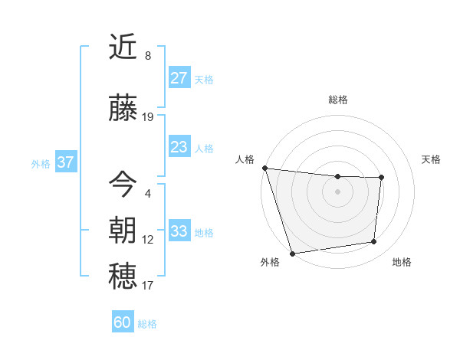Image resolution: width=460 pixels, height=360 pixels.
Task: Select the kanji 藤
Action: pyautogui.click(x=123, y=110)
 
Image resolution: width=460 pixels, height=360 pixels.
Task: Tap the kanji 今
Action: pyautogui.click(x=123, y=184)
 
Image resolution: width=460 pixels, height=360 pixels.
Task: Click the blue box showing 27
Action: pyautogui.click(x=179, y=78)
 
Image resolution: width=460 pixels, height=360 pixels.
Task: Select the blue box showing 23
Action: pyautogui.click(x=179, y=147)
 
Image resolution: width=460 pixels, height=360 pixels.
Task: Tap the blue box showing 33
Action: pyautogui.click(x=179, y=231)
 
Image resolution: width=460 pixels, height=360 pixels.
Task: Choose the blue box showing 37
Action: pyautogui.click(x=65, y=162)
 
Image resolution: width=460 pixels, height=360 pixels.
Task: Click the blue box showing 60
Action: pyautogui.click(x=123, y=322)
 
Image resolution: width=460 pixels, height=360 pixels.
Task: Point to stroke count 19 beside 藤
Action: pyautogui.click(x=148, y=117)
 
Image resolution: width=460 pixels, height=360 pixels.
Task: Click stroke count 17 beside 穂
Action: pyautogui.click(x=148, y=286)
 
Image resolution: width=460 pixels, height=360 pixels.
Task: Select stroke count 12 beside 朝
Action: pyautogui.click(x=148, y=240)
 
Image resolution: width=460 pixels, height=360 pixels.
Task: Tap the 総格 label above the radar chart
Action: pyautogui.click(x=338, y=100)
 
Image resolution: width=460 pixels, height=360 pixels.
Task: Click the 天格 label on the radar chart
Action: pyautogui.click(x=432, y=159)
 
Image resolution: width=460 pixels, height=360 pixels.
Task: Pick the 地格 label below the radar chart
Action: pyautogui.click(x=402, y=262)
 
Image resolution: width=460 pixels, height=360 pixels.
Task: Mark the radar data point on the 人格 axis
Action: pyautogui.click(x=264, y=168)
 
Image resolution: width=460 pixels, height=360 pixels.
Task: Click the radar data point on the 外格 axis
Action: pyautogui.click(x=292, y=253)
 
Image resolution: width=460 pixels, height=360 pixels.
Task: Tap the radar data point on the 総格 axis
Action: pyautogui.click(x=338, y=176)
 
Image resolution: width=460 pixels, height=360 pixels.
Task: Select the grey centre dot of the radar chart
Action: pyautogui.click(x=338, y=191)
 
